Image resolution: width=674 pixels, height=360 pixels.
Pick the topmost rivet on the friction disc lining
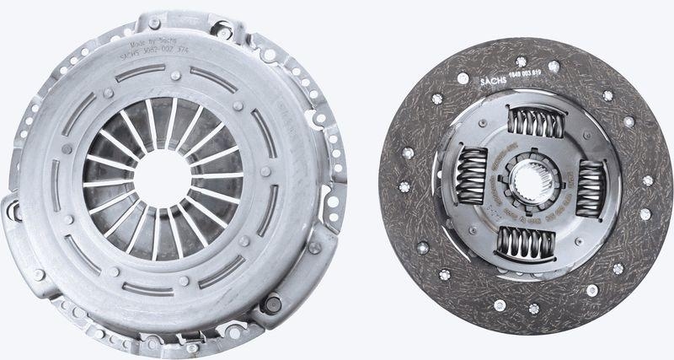point(522,61)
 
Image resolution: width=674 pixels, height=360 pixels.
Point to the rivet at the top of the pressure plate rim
point(154,23)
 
